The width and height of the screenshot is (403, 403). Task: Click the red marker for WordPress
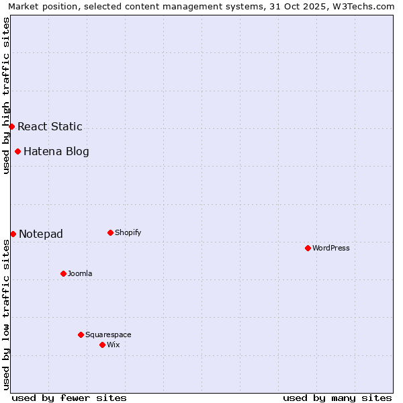point(308,248)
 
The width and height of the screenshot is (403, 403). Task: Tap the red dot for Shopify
point(110,232)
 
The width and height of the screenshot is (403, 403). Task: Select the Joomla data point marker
point(63,273)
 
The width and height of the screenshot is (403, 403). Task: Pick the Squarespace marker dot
point(81,334)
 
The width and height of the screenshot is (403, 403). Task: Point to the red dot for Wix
point(102,345)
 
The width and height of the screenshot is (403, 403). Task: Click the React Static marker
point(11,126)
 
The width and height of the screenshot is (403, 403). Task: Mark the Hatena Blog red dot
point(17,151)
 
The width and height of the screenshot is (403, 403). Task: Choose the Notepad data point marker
point(13,234)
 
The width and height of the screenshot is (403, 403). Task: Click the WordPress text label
point(331,248)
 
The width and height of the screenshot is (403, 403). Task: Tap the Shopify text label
point(128,232)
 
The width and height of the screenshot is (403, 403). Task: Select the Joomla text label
point(80,273)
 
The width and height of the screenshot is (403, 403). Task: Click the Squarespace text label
point(108,334)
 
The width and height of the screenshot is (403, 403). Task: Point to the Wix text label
point(113,345)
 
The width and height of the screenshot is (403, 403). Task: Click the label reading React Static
point(50,126)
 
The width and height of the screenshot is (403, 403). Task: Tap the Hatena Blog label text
point(56,151)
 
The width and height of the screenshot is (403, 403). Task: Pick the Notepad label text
point(41,234)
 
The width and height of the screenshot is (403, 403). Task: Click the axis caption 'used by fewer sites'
point(69,398)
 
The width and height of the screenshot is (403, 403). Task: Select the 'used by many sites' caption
point(337,398)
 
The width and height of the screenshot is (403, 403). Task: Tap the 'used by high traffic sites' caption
point(6,95)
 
